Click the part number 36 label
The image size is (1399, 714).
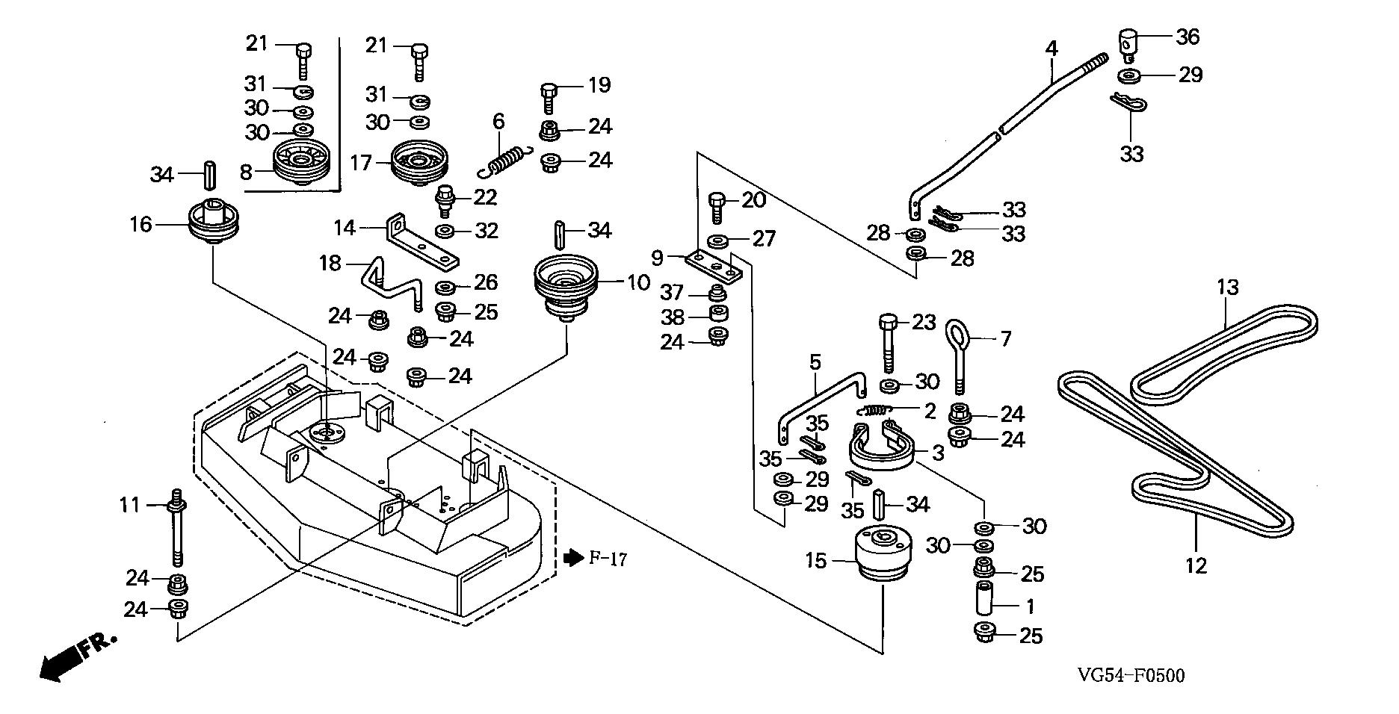(1188, 36)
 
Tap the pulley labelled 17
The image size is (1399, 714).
(418, 163)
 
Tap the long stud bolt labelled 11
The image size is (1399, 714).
(179, 532)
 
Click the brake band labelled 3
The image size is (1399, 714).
(884, 451)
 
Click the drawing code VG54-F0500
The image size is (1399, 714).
(1131, 677)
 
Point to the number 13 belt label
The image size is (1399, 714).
(1227, 287)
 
